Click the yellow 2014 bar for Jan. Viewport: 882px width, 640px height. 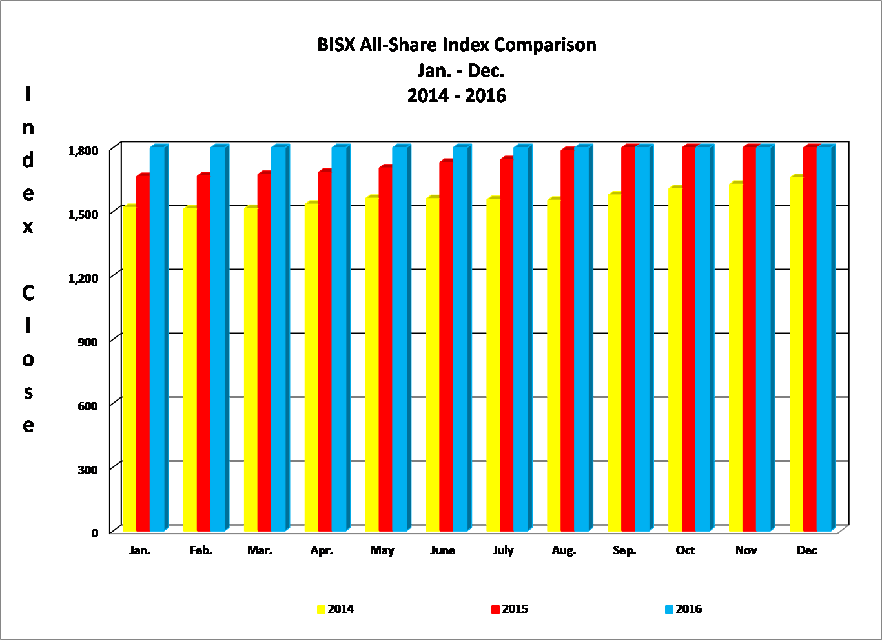[x=129, y=368]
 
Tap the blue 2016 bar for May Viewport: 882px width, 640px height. [x=399, y=339]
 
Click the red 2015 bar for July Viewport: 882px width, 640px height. [x=506, y=345]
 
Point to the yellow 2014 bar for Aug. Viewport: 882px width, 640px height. [x=553, y=365]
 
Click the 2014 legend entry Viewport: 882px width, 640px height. [x=336, y=609]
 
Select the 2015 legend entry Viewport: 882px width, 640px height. [x=510, y=609]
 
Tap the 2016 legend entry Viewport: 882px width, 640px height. [x=684, y=609]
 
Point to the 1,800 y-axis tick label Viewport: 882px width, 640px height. [x=83, y=150]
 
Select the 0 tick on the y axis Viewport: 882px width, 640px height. [x=95, y=532]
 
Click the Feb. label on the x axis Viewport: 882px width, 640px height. [x=201, y=550]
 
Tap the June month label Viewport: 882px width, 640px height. [x=442, y=550]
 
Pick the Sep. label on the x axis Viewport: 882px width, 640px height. [x=624, y=550]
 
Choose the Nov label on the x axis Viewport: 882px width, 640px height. [x=746, y=550]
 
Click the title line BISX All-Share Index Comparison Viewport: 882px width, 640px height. [x=456, y=45]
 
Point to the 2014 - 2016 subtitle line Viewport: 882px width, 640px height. [x=456, y=95]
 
